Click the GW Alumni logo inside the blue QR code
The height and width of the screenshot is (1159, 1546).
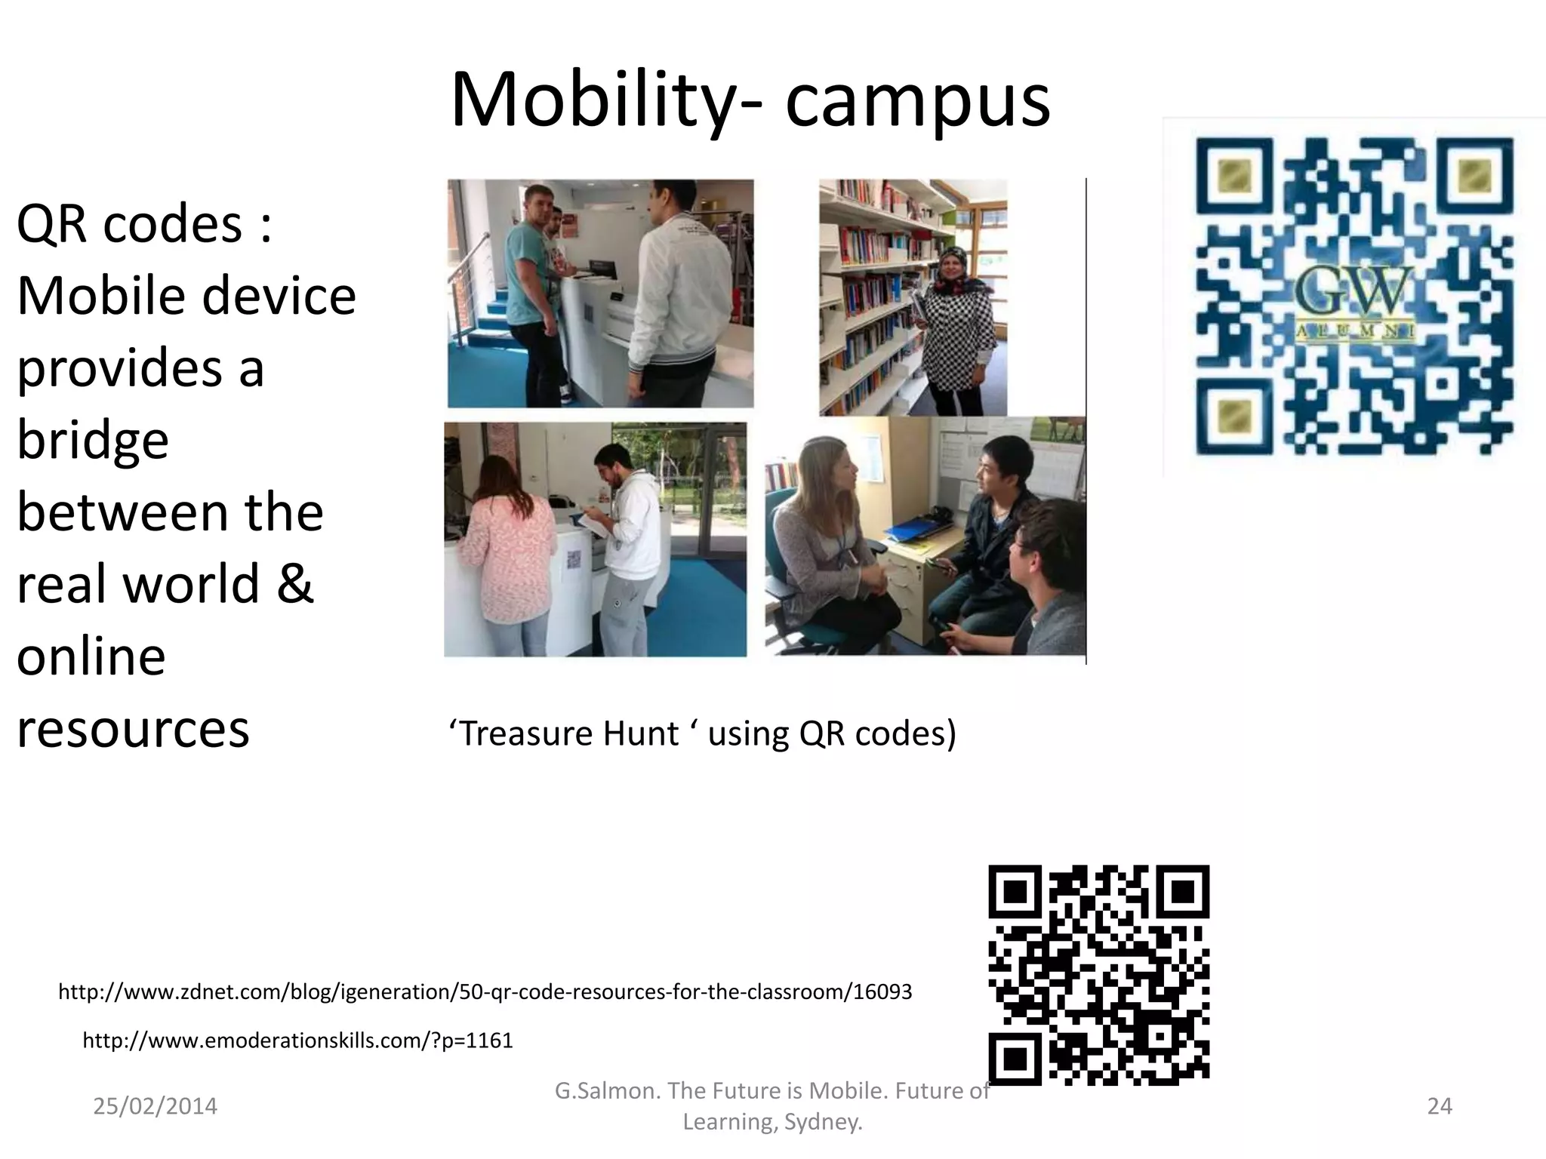coord(1355,302)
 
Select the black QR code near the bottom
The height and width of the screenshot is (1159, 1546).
coord(1098,974)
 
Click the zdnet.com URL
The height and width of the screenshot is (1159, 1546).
coord(485,991)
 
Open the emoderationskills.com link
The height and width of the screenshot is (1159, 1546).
coord(297,1041)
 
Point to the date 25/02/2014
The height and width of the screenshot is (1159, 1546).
coord(155,1106)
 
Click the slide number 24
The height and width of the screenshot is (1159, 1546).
coord(1440,1106)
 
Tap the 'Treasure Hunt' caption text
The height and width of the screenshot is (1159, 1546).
coord(702,733)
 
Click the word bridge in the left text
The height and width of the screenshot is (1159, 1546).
coord(93,440)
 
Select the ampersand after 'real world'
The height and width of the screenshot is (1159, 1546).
coord(294,584)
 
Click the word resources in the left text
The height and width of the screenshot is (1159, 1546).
coord(133,729)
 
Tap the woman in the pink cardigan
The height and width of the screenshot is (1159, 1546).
coord(498,551)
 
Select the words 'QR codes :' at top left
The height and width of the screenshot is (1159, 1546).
coord(143,225)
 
